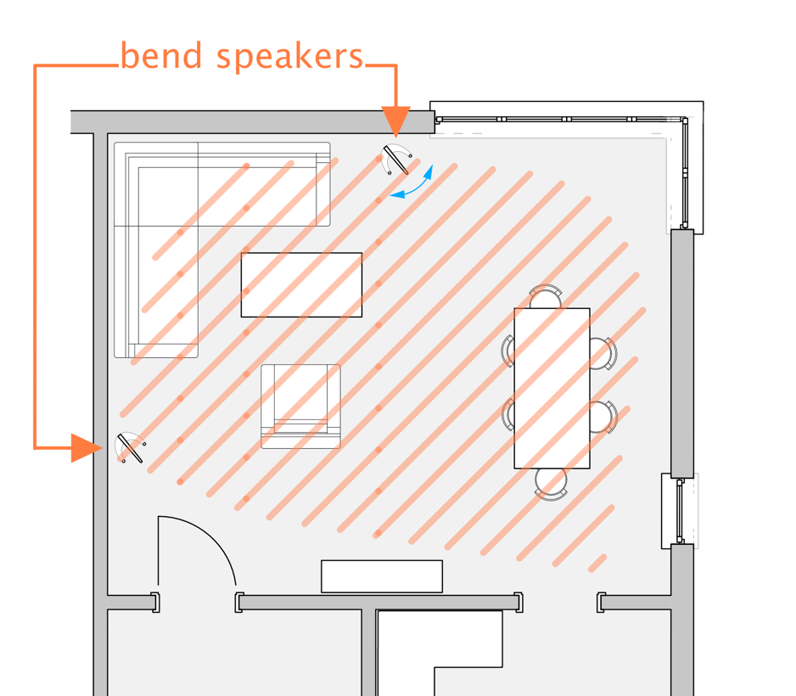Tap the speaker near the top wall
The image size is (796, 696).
point(396,160)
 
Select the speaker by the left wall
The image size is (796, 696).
point(130,447)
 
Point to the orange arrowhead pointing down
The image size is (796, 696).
point(395,121)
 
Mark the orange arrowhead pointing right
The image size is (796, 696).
point(85,447)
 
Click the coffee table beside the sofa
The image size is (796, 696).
point(301,284)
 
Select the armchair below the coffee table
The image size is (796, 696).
point(300,407)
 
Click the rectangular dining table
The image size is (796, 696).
point(552,388)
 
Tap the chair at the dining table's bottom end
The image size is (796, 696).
point(551,481)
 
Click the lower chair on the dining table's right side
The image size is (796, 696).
point(604,418)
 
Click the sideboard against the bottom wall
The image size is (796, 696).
point(381,576)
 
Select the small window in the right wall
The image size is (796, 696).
point(680,509)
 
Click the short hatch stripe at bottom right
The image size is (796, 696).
point(597,563)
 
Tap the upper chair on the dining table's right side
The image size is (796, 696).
point(604,353)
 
